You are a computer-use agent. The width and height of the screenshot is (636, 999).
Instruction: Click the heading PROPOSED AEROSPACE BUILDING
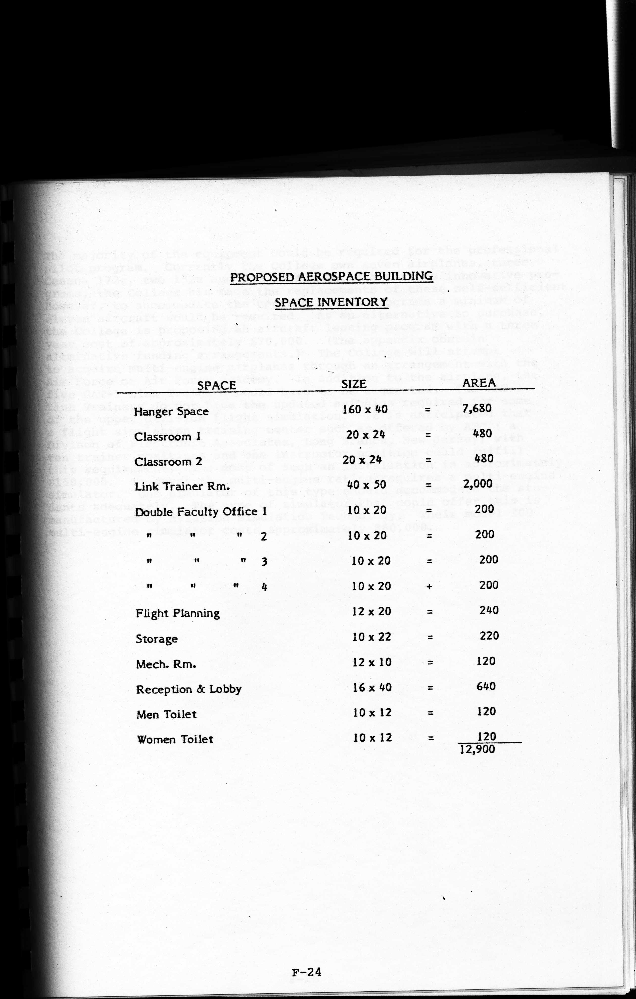tap(331, 276)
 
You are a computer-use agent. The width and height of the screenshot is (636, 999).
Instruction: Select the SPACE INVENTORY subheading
tap(331, 302)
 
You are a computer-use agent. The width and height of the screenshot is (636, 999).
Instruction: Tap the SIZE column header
tap(354, 384)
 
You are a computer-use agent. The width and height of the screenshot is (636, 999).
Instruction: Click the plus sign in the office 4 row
tap(430, 587)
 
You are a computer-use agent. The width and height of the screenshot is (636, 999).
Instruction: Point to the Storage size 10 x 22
tap(372, 637)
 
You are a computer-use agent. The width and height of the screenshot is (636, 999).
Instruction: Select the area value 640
tap(486, 686)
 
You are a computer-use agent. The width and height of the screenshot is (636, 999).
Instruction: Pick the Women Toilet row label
tap(175, 739)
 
